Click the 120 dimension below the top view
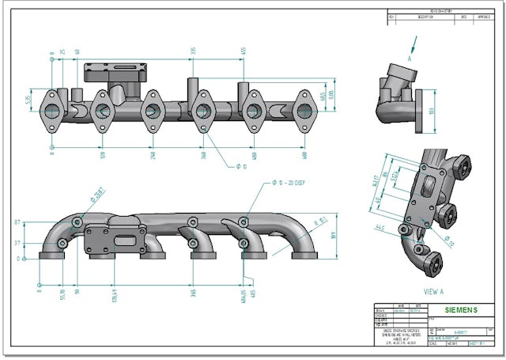tap(102, 156)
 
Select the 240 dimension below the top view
tap(153, 156)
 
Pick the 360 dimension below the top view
tap(202, 156)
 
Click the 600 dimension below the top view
tap(304, 156)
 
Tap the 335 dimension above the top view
tap(192, 51)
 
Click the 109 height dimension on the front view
tap(333, 235)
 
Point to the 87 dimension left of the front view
tap(17, 223)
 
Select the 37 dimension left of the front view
tap(17, 243)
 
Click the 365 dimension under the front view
tap(193, 292)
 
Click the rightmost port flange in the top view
tap(304, 110)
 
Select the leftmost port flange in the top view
tap(52, 110)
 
